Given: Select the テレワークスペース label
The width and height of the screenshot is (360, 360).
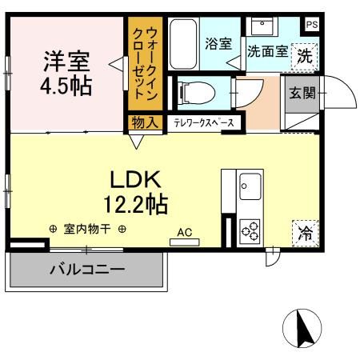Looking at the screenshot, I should (204, 122).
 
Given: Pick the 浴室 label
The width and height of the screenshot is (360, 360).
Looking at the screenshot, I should (218, 42).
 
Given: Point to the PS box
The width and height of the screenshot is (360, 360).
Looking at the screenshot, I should (311, 24).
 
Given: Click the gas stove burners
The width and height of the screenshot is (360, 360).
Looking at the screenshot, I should (250, 230).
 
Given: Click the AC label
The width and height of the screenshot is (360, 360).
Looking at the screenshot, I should (185, 233).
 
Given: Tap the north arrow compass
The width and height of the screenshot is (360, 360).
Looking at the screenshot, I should (304, 329).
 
